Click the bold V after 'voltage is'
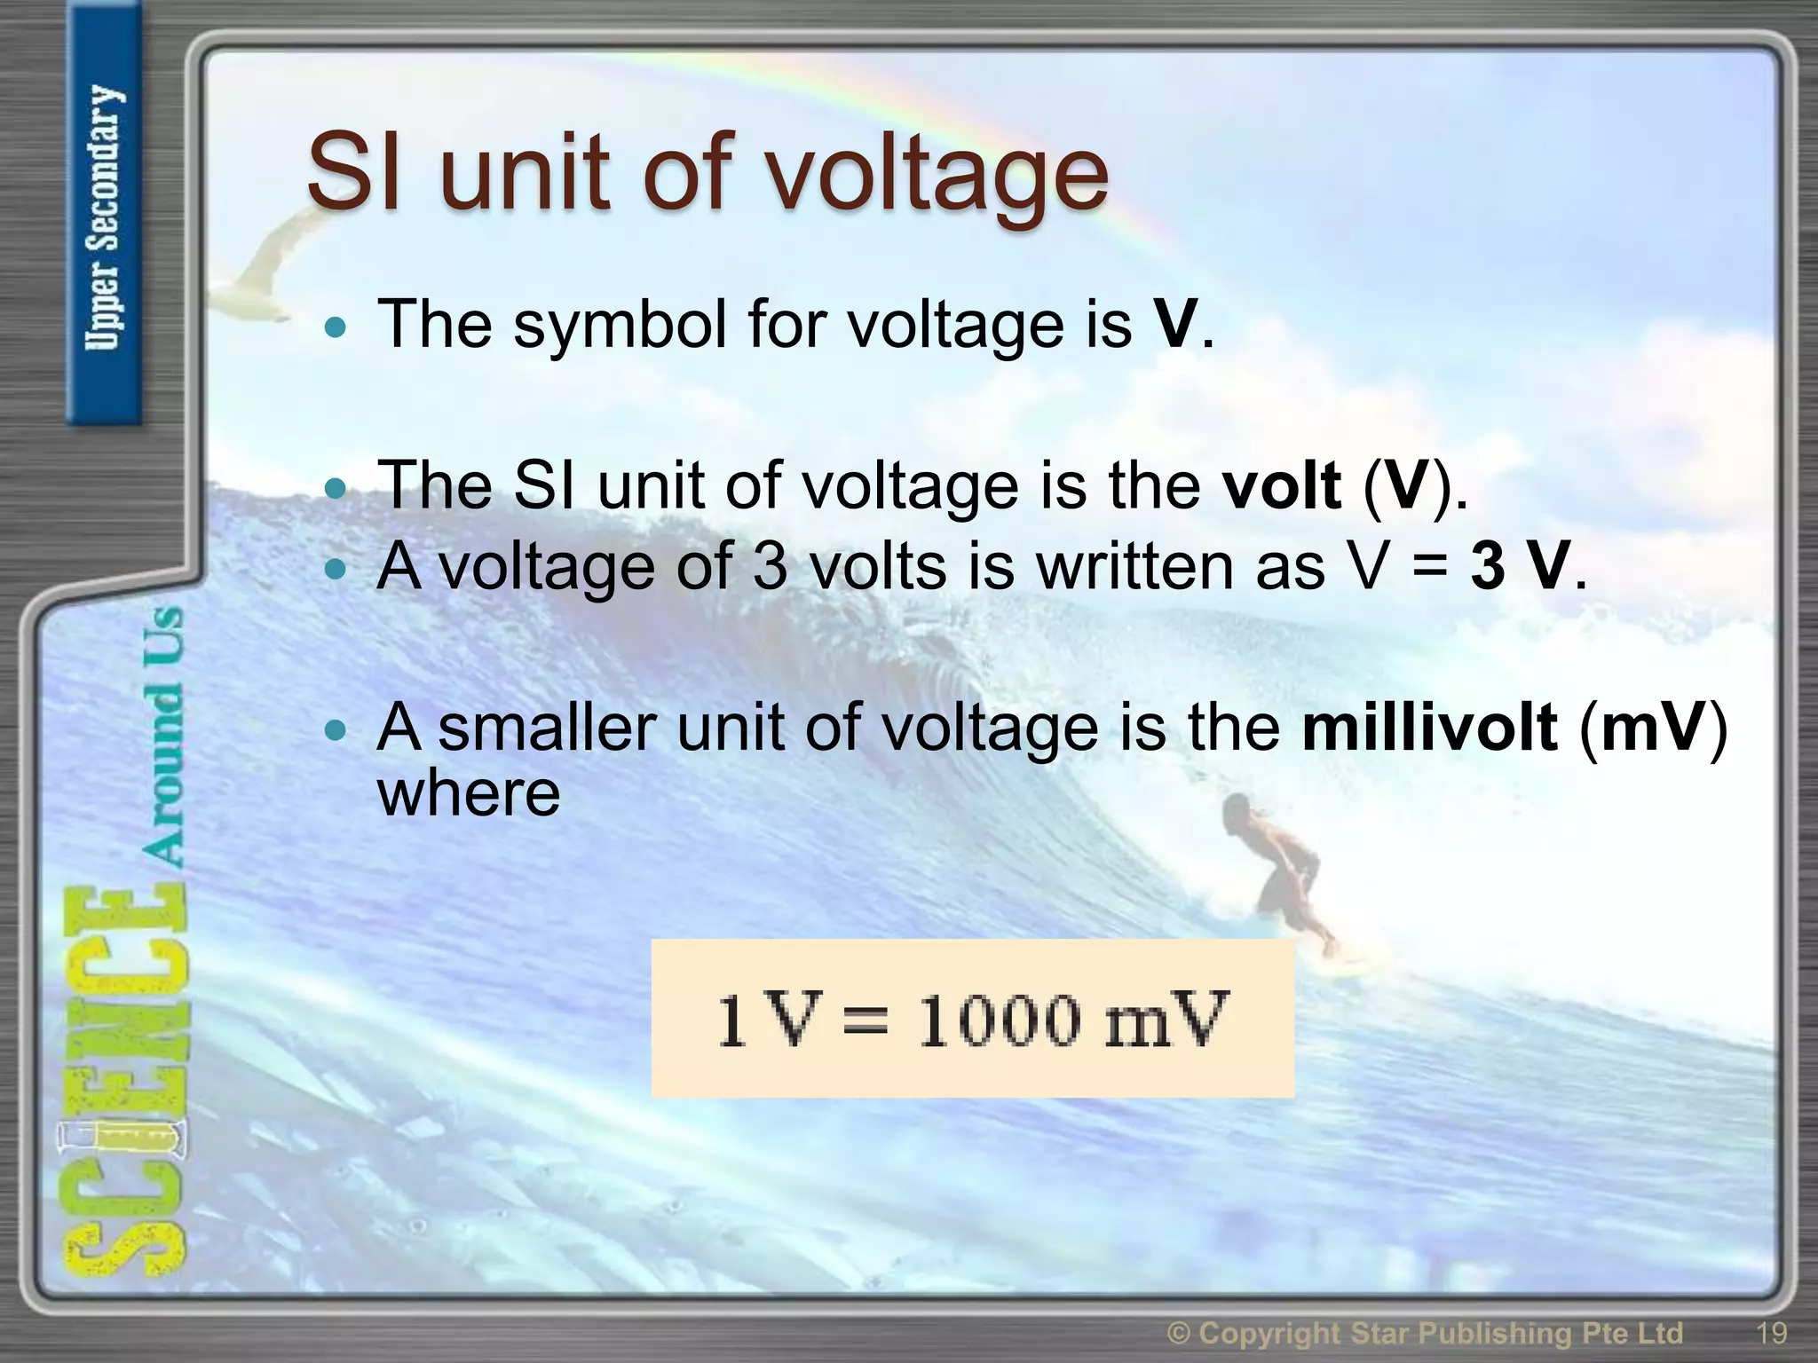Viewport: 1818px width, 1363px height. (x=1175, y=324)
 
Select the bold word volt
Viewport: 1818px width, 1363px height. (x=1281, y=486)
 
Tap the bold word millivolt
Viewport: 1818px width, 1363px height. (x=1429, y=729)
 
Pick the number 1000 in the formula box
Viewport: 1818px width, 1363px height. (x=998, y=1020)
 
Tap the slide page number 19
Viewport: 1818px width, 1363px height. (x=1772, y=1333)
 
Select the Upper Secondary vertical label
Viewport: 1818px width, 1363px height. (x=103, y=217)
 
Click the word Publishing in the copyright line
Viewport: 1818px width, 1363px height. (x=1508, y=1334)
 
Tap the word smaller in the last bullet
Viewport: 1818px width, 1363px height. (x=547, y=729)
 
